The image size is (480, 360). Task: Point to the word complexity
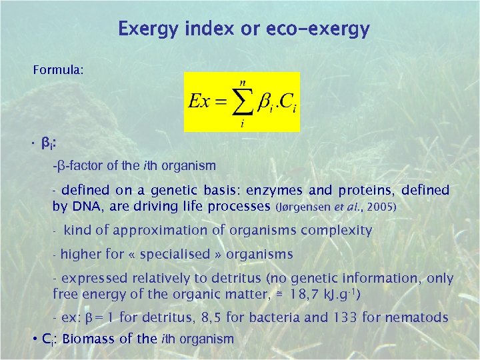(x=337, y=231)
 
